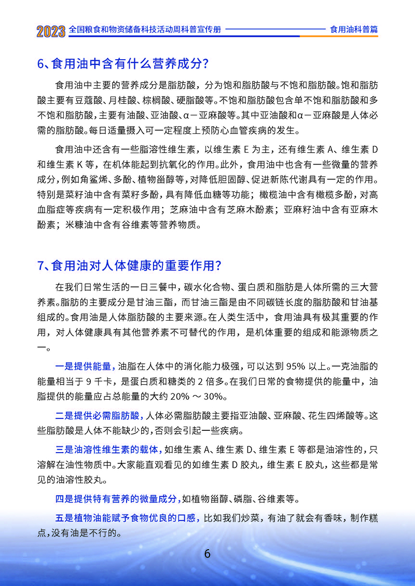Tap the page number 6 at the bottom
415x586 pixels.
tap(208, 553)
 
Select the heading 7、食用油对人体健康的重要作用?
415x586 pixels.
tap(130, 266)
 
